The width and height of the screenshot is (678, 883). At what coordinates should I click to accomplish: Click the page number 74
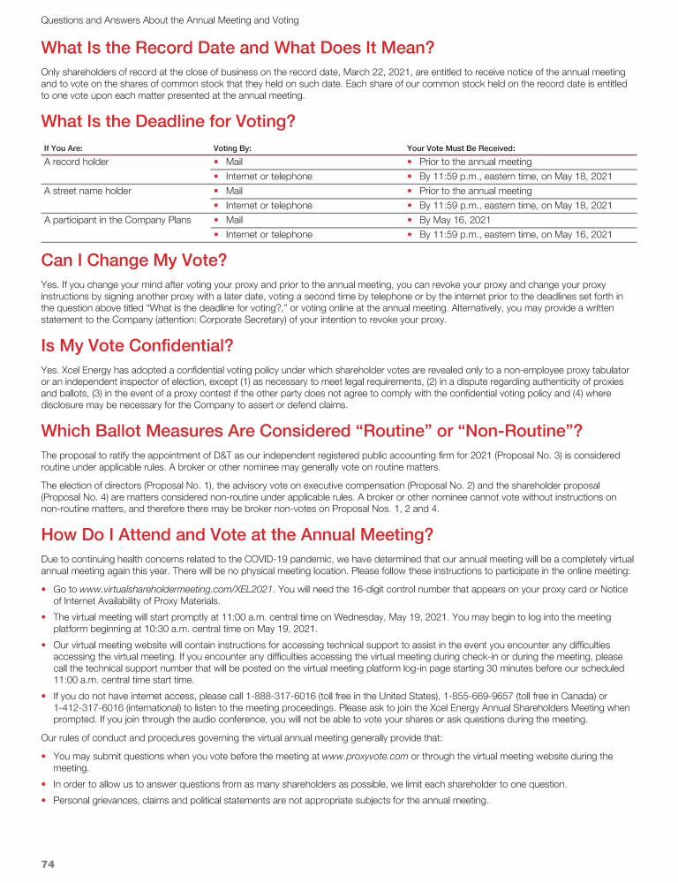pos(48,864)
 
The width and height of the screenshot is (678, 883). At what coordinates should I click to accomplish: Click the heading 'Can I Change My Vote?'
pos(134,260)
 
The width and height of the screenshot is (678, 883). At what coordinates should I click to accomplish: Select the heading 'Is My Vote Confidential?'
pos(137,345)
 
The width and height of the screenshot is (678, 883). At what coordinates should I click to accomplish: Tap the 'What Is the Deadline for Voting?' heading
pos(168,121)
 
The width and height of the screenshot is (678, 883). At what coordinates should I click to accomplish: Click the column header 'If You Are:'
pos(64,148)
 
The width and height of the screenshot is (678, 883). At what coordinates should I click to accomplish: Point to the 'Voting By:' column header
pos(232,148)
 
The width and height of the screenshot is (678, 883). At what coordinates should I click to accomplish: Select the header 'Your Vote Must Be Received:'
pos(461,148)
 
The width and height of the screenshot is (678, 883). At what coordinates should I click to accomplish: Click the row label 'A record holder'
pos(77,162)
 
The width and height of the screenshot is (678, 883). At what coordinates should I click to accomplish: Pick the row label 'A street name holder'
pos(87,191)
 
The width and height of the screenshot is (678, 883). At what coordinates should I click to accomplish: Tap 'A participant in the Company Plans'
pos(117,220)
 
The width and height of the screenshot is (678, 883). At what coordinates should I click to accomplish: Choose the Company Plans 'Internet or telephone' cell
pos(268,235)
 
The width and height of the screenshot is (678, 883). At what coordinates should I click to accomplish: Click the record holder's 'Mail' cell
pos(234,162)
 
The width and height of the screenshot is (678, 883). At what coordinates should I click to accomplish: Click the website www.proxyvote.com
pos(365,756)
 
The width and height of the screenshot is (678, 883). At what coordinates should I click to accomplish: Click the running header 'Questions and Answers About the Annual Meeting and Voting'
pos(169,19)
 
